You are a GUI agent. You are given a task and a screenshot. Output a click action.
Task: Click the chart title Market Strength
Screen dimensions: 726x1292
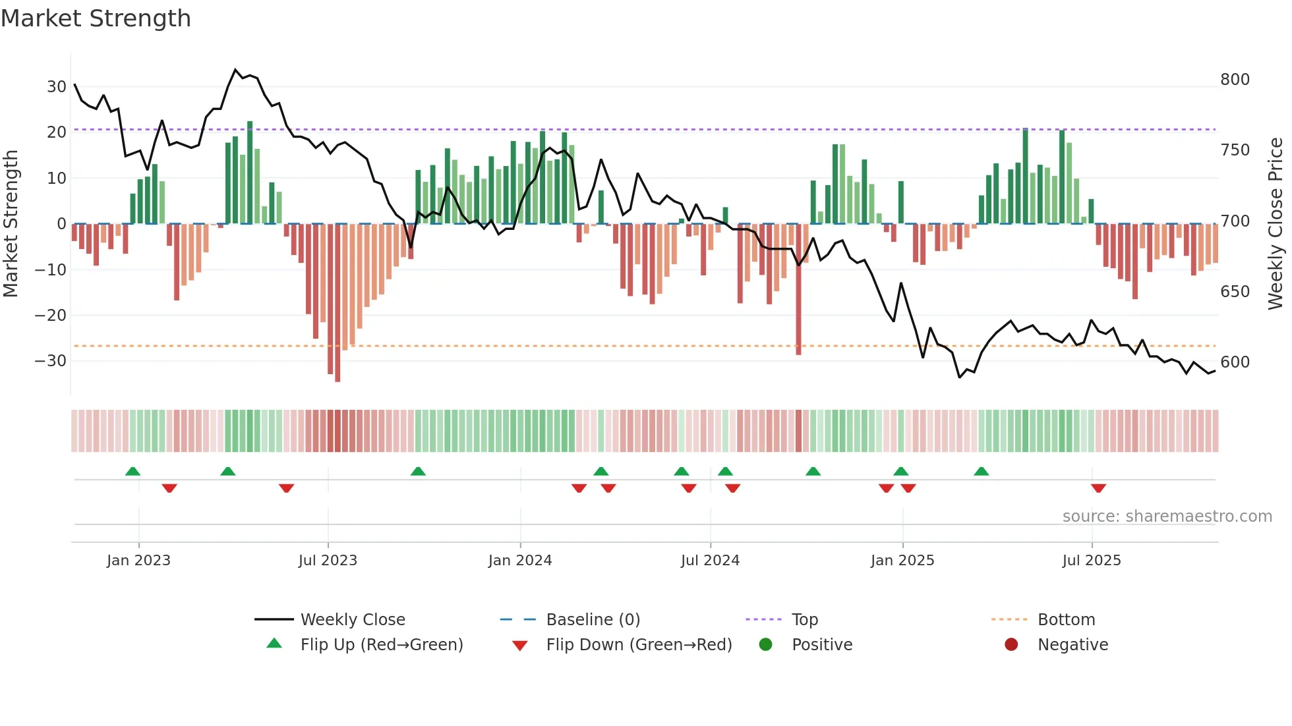pos(96,18)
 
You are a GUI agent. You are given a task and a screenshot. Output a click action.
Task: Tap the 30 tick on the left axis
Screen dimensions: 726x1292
pos(56,86)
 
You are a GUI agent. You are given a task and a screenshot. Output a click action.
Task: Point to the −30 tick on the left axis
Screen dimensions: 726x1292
pos(51,361)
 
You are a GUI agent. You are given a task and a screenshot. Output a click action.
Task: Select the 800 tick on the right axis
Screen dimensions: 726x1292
pos(1235,80)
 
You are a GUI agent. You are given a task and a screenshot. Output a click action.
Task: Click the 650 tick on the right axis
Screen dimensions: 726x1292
pos(1235,291)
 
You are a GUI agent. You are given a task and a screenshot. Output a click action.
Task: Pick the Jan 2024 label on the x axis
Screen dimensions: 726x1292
pos(519,561)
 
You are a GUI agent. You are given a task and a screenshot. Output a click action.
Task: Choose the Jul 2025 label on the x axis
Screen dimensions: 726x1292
pos(1091,561)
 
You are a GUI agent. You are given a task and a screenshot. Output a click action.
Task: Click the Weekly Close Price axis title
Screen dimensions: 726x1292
pos(1276,224)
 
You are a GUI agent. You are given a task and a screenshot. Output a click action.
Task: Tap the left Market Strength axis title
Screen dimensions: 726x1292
pos(11,224)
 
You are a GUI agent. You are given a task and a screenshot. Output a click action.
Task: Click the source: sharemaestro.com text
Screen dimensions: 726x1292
pos(1167,517)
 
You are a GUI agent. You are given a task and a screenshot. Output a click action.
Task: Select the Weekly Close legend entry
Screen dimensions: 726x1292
pos(353,620)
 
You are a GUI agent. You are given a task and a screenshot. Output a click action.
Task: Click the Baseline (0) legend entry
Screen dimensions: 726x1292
pos(593,620)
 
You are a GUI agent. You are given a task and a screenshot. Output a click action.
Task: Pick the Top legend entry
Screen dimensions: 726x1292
pos(804,620)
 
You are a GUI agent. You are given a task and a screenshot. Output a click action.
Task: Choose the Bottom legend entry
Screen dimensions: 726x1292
pos(1066,620)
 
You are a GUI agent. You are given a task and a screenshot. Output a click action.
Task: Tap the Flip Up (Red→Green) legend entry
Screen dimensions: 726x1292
pos(381,645)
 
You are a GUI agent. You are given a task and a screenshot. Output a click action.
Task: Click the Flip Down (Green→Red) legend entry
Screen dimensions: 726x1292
pos(639,645)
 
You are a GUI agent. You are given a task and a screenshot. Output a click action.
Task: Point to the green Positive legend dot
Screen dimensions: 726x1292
pos(765,644)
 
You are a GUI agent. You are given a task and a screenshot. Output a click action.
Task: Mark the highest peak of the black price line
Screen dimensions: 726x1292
pos(235,69)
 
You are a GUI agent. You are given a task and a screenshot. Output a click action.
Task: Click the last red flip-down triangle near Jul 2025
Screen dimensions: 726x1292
pos(1098,488)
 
